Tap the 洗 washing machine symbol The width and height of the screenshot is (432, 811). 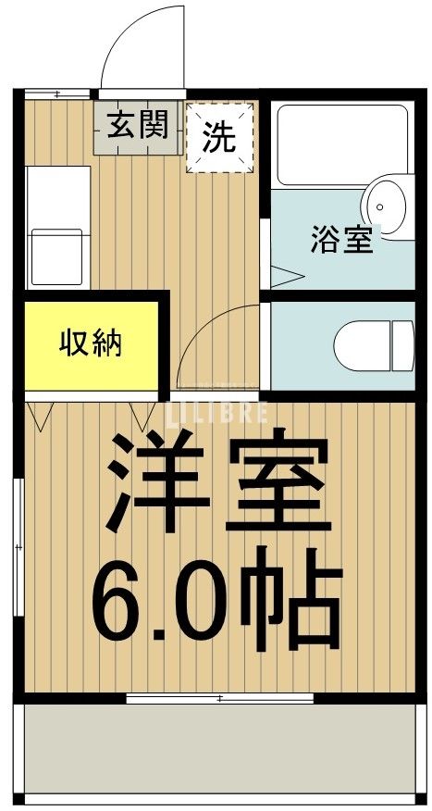(219, 138)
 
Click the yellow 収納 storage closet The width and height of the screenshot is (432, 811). (92, 343)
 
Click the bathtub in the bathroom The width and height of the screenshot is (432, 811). (342, 143)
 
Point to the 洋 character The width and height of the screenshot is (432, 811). (157, 486)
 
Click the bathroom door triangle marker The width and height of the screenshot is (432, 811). (287, 274)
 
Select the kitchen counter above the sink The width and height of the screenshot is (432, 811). (57, 194)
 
